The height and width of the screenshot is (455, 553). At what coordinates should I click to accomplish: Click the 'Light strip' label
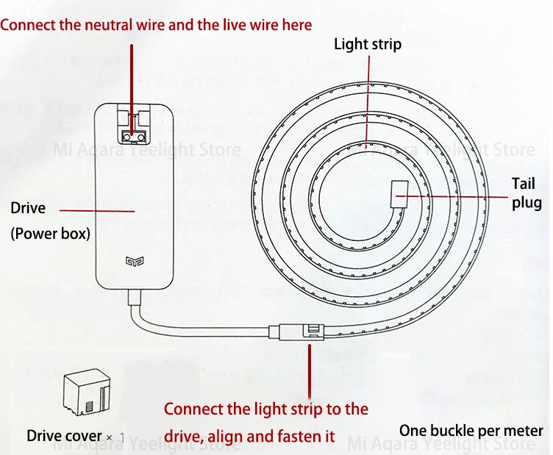coord(368,44)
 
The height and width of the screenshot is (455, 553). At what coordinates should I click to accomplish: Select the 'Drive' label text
coord(28,208)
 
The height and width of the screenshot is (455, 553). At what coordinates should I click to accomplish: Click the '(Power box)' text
coord(50,234)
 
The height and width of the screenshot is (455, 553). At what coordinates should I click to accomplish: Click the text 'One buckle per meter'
coord(471,431)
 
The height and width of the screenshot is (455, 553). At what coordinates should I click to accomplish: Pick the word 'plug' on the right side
coord(527,204)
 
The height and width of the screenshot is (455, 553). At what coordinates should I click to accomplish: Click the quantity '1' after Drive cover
coord(122,437)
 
